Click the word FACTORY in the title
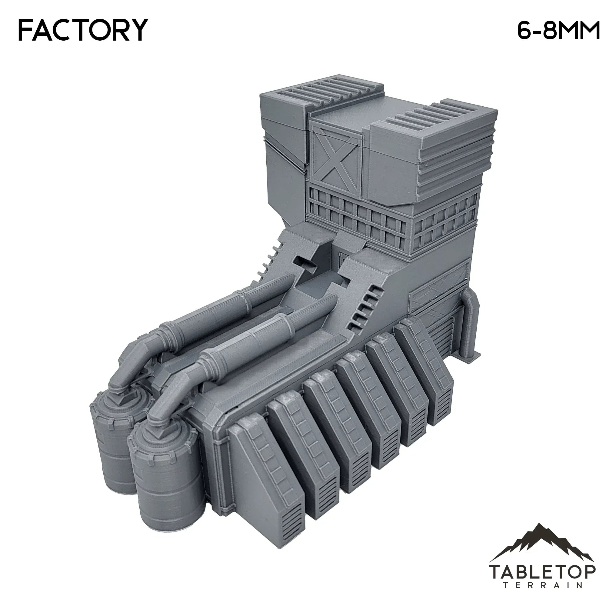pyautogui.click(x=83, y=30)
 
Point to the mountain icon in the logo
pyautogui.click(x=541, y=541)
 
